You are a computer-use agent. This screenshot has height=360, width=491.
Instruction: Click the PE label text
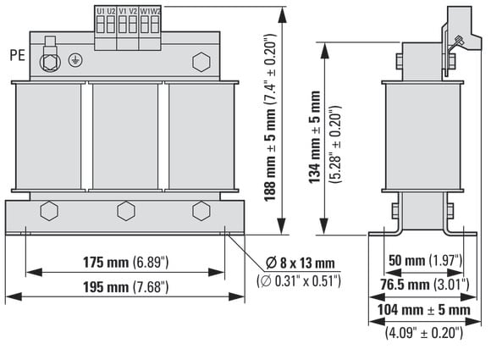[x=17, y=55]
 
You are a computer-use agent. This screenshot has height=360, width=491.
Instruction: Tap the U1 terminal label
[x=101, y=11]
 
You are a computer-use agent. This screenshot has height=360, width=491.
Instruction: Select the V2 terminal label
[x=133, y=11]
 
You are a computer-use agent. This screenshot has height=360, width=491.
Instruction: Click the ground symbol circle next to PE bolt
[x=75, y=60]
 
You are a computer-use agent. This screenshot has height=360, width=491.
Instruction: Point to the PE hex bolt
[x=50, y=63]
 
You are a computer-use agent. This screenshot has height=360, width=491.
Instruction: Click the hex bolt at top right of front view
[x=201, y=62]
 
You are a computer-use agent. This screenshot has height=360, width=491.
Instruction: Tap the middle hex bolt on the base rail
[x=126, y=211]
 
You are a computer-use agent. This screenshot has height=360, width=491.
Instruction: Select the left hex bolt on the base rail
[x=49, y=211]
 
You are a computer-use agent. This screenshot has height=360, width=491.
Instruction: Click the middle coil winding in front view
[x=125, y=136]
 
